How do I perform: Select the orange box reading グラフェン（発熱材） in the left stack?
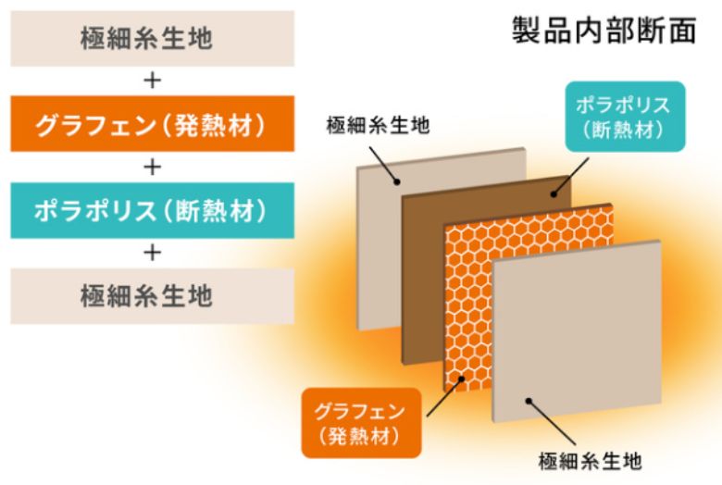[x=153, y=124]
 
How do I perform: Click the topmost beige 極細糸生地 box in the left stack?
[x=153, y=39]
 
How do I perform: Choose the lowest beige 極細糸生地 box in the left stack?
[x=153, y=297]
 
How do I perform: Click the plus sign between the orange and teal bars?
[x=153, y=167]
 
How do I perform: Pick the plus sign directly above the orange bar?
[x=153, y=81]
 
